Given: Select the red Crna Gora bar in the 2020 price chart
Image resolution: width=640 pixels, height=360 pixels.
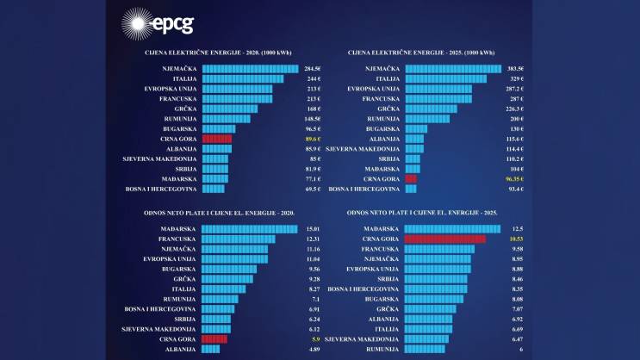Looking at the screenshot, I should point(216,139).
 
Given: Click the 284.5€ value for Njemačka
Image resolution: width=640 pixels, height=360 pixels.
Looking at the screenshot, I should point(312,67).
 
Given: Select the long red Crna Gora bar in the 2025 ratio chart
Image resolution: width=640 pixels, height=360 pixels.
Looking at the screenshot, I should point(444,239).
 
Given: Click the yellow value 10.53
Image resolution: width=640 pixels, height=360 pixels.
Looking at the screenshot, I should point(517,239).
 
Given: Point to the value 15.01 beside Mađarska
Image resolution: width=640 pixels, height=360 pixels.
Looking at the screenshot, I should point(313,228).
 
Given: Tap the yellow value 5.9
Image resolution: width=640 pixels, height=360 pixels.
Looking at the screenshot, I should point(315,339).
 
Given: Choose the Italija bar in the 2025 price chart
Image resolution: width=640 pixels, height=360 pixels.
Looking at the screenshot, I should point(445,78).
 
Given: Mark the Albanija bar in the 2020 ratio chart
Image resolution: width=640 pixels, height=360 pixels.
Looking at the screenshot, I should point(213,350).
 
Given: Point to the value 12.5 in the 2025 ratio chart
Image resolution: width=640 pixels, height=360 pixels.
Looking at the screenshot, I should point(517,228).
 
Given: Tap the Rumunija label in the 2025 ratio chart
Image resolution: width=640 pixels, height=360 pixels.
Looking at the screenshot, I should point(382,350).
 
